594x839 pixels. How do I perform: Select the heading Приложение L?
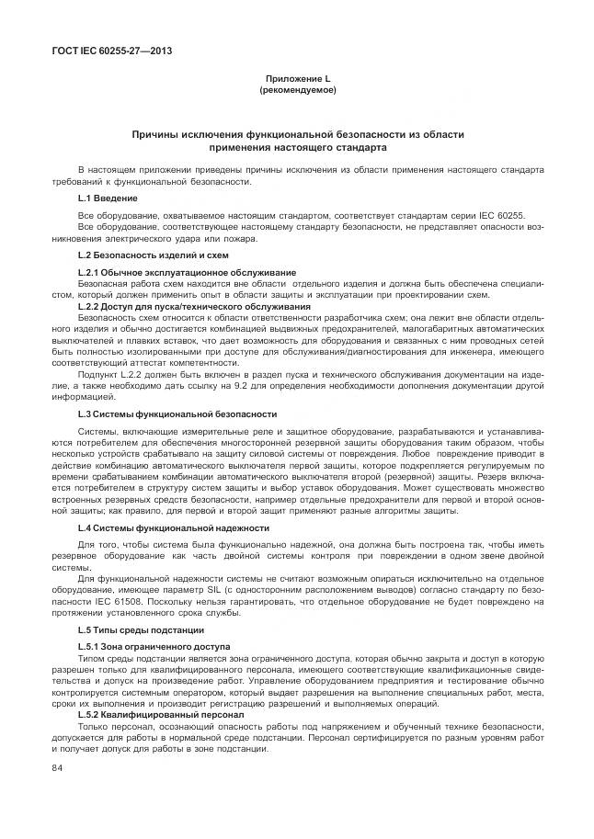point(297,81)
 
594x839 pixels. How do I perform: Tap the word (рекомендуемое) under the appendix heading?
point(297,92)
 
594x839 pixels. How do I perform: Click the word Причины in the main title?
point(164,134)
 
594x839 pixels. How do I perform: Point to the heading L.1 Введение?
point(108,198)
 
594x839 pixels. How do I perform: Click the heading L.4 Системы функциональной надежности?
point(173,528)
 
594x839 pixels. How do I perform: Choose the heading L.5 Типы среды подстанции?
point(141,629)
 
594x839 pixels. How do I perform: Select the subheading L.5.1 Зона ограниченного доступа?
point(154,648)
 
